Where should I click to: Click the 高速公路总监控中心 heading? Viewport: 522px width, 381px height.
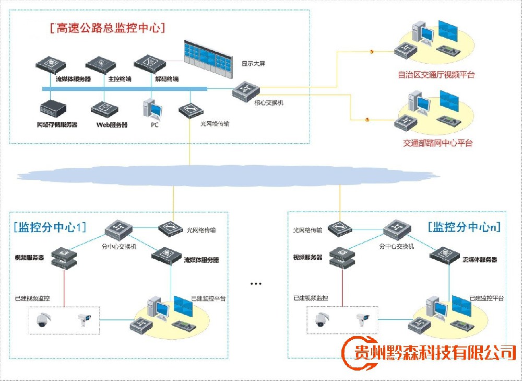coord(108,28)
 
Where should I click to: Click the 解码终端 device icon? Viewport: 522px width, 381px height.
coord(149,64)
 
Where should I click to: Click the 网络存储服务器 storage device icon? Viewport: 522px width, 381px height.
coord(54,110)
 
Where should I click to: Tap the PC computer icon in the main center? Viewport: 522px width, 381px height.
coord(152,108)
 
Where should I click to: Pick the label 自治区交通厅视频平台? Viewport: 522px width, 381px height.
coord(436,75)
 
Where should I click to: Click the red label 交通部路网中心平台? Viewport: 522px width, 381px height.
coord(437,143)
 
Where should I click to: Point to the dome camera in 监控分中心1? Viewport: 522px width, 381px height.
coord(41,319)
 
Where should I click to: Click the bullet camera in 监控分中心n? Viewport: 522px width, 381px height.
coord(360,319)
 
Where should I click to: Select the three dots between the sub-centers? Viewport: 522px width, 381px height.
coord(255,284)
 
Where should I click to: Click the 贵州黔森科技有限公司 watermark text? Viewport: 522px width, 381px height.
coord(435,352)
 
